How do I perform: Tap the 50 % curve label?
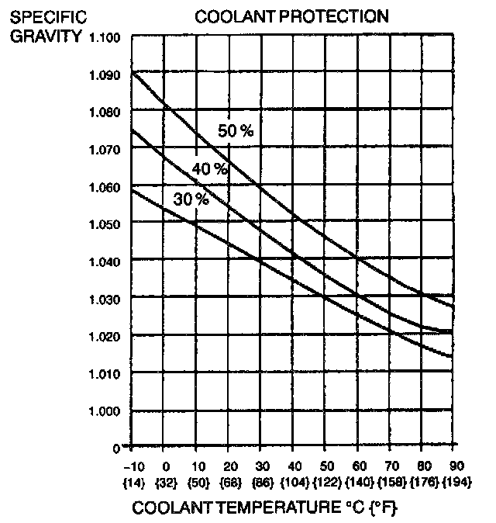click(x=236, y=131)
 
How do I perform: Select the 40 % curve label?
click(x=210, y=168)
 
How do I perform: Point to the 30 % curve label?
click(x=191, y=199)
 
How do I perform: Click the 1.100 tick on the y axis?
click(x=106, y=37)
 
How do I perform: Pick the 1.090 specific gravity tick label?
click(x=106, y=75)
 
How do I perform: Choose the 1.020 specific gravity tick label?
click(x=106, y=336)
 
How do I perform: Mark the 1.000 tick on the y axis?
click(x=106, y=410)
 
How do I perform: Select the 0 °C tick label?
click(x=165, y=466)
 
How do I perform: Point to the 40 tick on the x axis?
click(x=294, y=466)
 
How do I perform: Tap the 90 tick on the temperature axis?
click(x=456, y=466)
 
